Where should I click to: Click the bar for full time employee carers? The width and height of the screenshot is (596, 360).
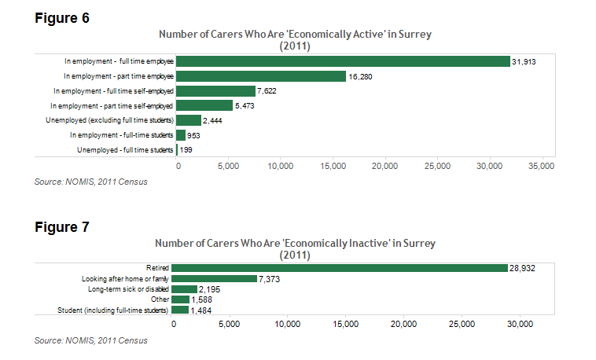[343, 61]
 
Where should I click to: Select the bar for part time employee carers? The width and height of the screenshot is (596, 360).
[261, 76]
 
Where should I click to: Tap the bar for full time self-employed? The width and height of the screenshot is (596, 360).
[216, 91]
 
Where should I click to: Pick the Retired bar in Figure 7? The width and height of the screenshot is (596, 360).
[340, 268]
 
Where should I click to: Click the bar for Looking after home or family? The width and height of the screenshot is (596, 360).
[214, 278]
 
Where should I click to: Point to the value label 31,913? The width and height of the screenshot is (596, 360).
[524, 61]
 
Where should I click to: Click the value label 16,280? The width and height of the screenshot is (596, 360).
[360, 76]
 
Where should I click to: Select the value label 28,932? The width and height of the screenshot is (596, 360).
[522, 268]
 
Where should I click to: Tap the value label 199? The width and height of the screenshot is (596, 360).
[186, 149]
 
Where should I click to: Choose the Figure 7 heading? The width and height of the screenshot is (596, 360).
[62, 227]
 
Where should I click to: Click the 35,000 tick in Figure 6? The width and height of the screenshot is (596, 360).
[541, 167]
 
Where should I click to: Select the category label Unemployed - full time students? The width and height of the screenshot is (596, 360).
[125, 149]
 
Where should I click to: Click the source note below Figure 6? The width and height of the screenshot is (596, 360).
[90, 182]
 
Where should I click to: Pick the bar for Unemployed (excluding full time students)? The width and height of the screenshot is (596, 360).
[189, 120]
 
